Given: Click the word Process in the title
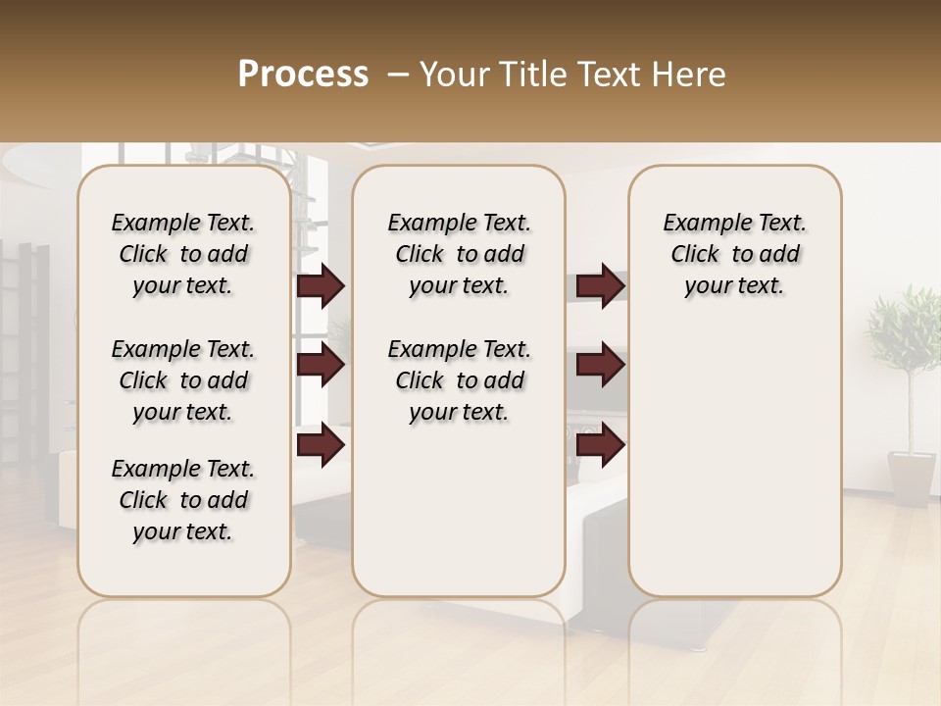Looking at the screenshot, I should pos(303,75).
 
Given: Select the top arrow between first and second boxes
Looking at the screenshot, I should pos(321,286).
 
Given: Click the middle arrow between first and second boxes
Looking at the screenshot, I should pos(321,365).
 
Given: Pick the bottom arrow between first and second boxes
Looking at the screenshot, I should pos(321,444).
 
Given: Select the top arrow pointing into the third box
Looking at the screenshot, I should pos(600,286).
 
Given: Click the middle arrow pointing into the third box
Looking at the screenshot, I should pos(600,365).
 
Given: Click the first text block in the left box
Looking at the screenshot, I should pos(183,254).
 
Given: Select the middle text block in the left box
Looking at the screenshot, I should pos(183,380).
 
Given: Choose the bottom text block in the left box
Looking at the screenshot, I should pos(183,500).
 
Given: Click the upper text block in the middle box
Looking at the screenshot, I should pos(459,254).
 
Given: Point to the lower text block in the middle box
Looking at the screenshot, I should pos(459,380).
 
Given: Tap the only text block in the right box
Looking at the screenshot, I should pos(734,254).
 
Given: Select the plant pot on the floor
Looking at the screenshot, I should pos(912,478).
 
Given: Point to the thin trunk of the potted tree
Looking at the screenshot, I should pos(907,412).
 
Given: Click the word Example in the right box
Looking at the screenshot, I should pos(700,224).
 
